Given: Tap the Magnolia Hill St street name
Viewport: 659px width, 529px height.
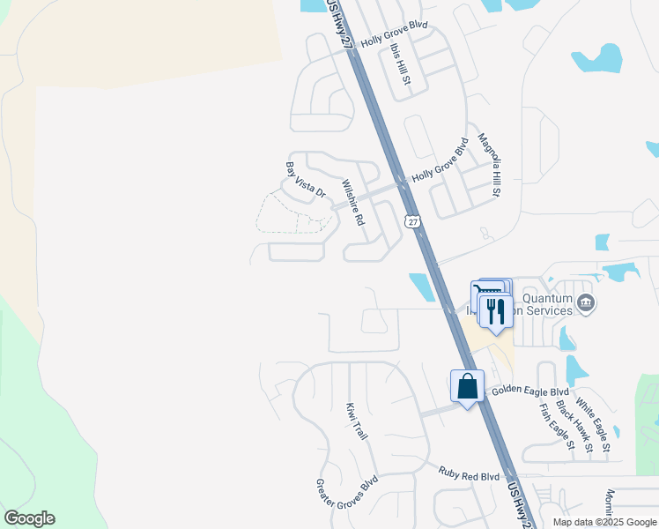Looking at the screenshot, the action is click(x=488, y=164).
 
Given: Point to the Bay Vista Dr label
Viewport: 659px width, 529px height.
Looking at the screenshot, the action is click(x=306, y=179).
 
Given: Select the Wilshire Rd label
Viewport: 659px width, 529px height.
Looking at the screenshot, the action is click(x=352, y=203).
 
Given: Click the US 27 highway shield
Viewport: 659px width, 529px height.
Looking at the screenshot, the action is click(x=412, y=220).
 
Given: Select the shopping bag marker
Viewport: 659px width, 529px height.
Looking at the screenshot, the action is click(x=467, y=386).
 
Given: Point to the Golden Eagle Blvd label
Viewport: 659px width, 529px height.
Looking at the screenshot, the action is click(x=530, y=390).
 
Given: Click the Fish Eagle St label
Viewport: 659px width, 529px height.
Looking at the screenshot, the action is click(x=557, y=427).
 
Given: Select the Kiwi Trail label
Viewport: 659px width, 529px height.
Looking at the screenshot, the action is click(x=356, y=421).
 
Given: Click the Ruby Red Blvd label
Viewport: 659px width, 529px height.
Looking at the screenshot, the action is click(x=469, y=474).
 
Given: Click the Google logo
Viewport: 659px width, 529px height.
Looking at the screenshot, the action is click(x=29, y=518).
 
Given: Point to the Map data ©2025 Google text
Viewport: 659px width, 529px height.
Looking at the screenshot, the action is click(x=604, y=522).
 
